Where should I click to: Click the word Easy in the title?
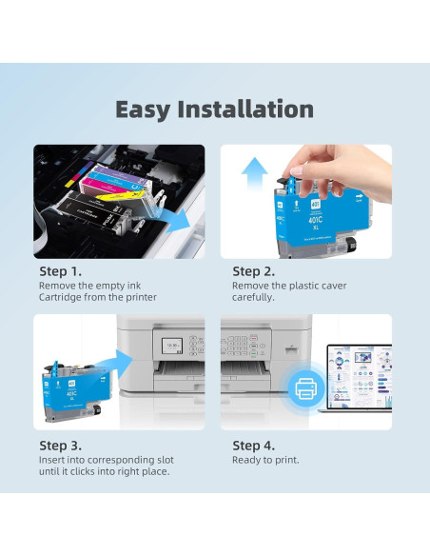[143, 110]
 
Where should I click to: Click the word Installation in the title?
[245, 109]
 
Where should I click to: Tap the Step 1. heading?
[60, 271]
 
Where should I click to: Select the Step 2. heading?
[253, 271]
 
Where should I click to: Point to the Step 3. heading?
[60, 446]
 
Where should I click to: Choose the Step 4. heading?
[253, 446]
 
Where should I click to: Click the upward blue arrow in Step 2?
[254, 174]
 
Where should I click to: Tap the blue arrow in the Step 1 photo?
[172, 220]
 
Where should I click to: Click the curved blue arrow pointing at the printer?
[114, 365]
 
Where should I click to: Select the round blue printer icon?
[305, 388]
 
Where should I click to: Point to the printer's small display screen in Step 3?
[172, 346]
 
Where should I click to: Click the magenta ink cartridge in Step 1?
[103, 186]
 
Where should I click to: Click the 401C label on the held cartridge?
[316, 220]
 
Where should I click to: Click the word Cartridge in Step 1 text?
[60, 297]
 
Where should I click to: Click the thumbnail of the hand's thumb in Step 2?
[297, 171]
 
